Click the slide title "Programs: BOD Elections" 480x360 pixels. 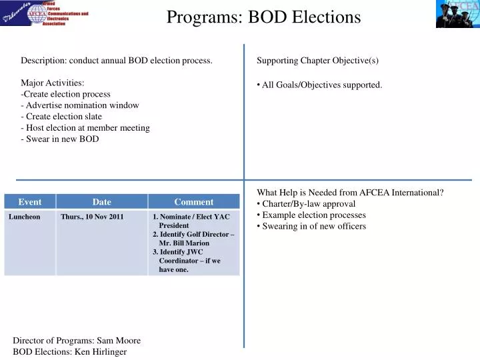coord(263,17)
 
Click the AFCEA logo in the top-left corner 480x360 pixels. coord(45,13)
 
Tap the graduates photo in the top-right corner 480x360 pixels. coord(457,14)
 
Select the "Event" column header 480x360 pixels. coord(30,202)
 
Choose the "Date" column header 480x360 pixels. coord(102,202)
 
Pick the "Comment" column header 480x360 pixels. coord(194,202)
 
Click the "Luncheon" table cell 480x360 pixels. coord(25,217)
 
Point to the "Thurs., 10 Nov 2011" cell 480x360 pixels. coord(92,217)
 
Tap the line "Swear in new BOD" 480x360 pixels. coord(62,139)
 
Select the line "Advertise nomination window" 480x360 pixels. coord(82,105)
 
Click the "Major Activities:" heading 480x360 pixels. coord(52,83)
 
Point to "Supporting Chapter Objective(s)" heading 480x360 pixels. coord(317,61)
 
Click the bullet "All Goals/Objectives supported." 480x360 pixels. coord(322,85)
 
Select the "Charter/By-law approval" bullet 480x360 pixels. coord(309,204)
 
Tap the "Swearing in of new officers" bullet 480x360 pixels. coord(314,227)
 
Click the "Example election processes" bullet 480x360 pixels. coord(314,215)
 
